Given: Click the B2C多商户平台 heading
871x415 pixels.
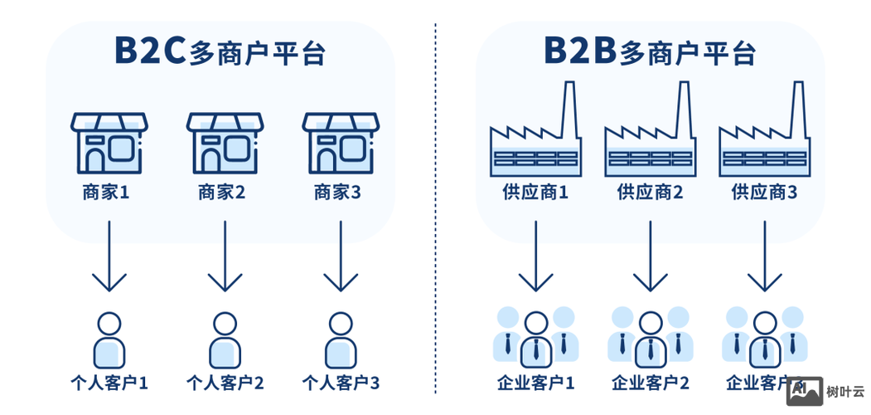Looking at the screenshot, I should pyautogui.click(x=219, y=51).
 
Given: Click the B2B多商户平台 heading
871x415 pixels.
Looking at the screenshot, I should pyautogui.click(x=649, y=51).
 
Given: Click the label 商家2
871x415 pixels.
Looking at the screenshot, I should pyautogui.click(x=221, y=193).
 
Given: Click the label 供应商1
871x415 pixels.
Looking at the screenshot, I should pyautogui.click(x=535, y=193).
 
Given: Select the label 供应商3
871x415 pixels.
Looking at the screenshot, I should pyautogui.click(x=764, y=193).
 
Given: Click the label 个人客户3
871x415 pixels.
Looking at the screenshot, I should pyautogui.click(x=340, y=383).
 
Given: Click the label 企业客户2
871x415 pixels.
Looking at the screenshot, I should pyautogui.click(x=650, y=383).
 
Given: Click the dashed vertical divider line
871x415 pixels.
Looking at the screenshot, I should pyautogui.click(x=435, y=207).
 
